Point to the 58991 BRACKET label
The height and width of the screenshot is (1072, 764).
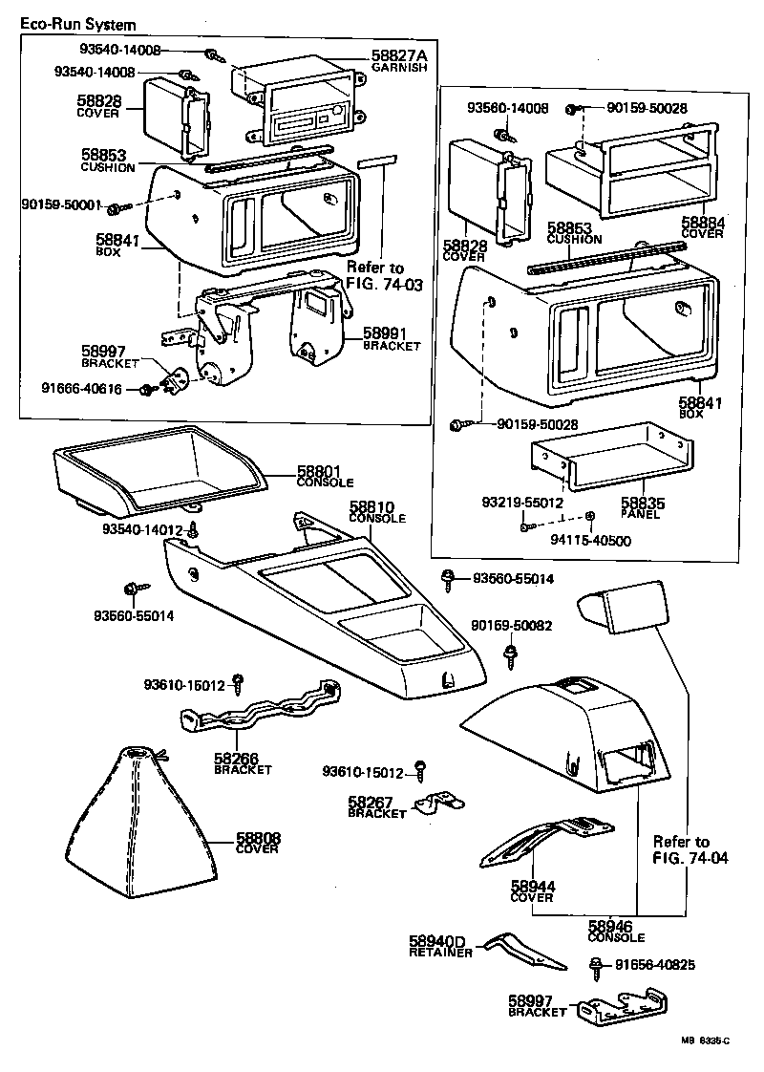pyautogui.click(x=392, y=339)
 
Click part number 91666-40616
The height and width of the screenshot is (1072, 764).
pyautogui.click(x=81, y=389)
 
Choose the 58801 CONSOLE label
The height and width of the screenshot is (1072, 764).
pyautogui.click(x=325, y=475)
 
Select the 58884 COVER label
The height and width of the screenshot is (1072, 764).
pyautogui.click(x=703, y=227)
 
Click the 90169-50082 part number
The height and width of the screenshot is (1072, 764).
pyautogui.click(x=512, y=626)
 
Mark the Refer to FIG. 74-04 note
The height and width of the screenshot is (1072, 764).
pyautogui.click(x=690, y=849)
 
